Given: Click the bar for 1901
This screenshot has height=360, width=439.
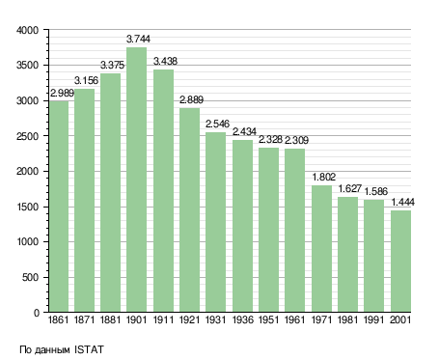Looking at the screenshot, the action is [x=136, y=180].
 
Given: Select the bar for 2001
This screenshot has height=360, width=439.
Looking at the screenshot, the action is [x=400, y=261].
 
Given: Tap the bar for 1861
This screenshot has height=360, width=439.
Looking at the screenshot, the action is [x=59, y=207].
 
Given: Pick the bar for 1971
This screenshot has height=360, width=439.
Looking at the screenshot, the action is [x=321, y=248].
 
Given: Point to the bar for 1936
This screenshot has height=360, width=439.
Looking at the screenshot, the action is [x=242, y=226].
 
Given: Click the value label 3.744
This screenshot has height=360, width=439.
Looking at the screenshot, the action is [x=138, y=39].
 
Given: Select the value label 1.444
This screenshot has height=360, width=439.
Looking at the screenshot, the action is [x=403, y=203].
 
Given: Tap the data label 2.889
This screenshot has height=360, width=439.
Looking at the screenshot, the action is [x=191, y=99].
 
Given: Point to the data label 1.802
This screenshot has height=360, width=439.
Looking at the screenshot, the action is [x=324, y=177].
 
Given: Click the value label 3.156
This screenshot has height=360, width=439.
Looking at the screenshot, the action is [x=86, y=80].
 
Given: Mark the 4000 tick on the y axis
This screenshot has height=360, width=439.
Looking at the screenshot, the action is [x=27, y=30].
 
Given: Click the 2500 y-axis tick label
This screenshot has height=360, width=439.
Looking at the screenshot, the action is [x=27, y=136].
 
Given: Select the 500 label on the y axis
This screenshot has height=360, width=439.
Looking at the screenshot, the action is [x=30, y=277].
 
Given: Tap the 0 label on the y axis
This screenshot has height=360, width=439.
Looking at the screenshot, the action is [x=37, y=313].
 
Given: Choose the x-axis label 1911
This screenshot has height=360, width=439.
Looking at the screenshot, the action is [x=163, y=319].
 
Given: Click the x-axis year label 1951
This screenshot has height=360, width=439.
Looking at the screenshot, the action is [x=268, y=319].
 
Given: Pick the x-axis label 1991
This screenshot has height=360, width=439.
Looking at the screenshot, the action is [x=374, y=319].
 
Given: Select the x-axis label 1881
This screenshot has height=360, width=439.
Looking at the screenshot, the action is [x=110, y=319].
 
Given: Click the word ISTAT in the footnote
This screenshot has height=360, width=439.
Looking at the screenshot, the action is [x=89, y=349].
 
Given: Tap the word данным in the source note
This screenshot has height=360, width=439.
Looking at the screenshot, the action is [x=51, y=350].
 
